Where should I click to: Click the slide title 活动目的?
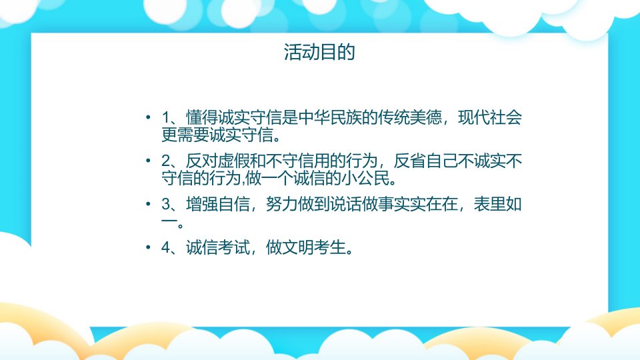click(319, 52)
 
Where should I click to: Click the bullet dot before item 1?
click(148, 117)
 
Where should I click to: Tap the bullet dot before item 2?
click(148, 161)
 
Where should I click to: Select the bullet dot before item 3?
click(148, 204)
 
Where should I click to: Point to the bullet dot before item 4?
click(148, 247)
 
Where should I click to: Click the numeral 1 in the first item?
click(166, 117)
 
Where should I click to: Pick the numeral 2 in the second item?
click(166, 161)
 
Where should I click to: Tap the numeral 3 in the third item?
click(166, 204)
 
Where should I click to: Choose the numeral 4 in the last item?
click(166, 247)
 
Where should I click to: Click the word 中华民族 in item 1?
click(330, 117)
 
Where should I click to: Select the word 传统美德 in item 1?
click(410, 117)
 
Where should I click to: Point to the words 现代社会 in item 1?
click(490, 117)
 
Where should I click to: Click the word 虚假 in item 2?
click(234, 161)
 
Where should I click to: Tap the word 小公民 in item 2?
click(366, 179)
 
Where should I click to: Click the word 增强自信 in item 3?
click(218, 204)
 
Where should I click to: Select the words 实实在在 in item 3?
click(426, 204)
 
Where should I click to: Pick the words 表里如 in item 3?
click(498, 204)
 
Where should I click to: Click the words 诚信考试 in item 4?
click(218, 247)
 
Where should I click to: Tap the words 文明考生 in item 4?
click(314, 247)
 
